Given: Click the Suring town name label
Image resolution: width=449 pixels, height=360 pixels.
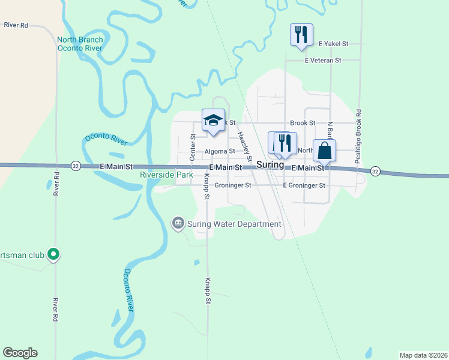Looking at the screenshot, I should (270, 164).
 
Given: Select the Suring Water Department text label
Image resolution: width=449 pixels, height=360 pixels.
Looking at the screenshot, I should (234, 224).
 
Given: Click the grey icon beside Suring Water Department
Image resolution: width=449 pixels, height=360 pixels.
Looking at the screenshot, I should (178, 224).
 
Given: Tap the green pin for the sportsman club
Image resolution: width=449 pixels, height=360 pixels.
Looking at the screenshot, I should (53, 255).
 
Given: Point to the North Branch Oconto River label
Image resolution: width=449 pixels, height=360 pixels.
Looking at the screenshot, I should (80, 44).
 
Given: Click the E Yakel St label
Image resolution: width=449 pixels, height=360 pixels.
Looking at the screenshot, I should (334, 44).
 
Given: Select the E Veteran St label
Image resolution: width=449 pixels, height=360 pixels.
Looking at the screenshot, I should (323, 61).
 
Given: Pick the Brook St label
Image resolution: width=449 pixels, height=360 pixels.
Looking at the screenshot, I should (303, 123).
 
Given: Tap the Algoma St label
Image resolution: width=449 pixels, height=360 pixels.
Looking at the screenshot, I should (219, 152).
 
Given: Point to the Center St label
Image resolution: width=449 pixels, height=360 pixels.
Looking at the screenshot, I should (193, 147).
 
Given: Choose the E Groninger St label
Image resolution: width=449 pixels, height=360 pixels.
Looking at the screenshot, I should (304, 186).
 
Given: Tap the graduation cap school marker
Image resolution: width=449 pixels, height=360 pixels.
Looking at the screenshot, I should (213, 120).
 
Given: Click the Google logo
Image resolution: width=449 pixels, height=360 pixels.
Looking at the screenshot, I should (20, 353).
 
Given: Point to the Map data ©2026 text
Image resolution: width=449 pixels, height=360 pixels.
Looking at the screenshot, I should (423, 355).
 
